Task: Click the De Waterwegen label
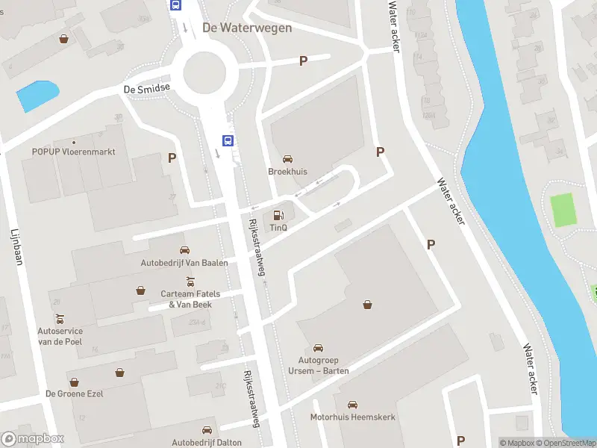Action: pyautogui.click(x=246, y=28)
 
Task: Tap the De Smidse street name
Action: pyautogui.click(x=147, y=88)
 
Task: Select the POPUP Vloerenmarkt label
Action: pyautogui.click(x=73, y=151)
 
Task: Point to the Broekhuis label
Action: pyautogui.click(x=287, y=171)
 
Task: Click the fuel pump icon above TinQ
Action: pyautogui.click(x=279, y=216)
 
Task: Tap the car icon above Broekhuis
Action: pyautogui.click(x=287, y=158)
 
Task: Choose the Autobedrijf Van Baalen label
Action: pyautogui.click(x=184, y=262)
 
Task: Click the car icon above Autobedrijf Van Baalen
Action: pyautogui.click(x=184, y=250)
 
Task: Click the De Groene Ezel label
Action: pyautogui.click(x=74, y=393)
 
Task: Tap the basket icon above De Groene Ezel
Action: pyautogui.click(x=119, y=372)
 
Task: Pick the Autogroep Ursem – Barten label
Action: pyautogui.click(x=319, y=365)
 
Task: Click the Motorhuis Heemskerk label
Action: pyautogui.click(x=353, y=417)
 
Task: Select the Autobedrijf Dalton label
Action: pyautogui.click(x=207, y=443)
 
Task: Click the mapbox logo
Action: pyautogui.click(x=33, y=439)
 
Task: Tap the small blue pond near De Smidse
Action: pyautogui.click(x=37, y=96)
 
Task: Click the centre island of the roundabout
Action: pyautogui.click(x=204, y=72)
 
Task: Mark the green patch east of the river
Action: pyautogui.click(x=564, y=210)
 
